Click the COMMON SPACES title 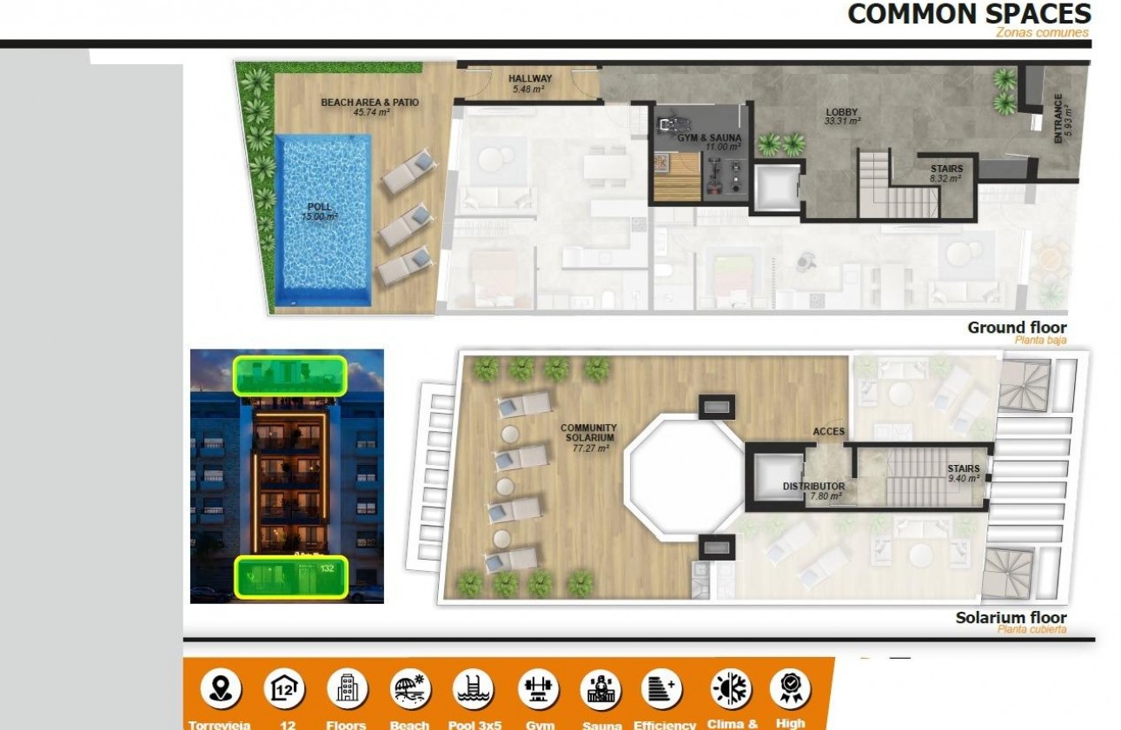tap(969, 14)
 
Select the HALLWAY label tap(530, 79)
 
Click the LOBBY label tap(842, 112)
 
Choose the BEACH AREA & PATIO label tap(369, 103)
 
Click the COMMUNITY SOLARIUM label tap(588, 433)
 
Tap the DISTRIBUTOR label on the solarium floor tap(813, 487)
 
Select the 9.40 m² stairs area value tap(964, 478)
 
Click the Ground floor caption tap(1017, 328)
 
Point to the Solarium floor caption tap(1011, 618)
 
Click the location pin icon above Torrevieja tap(221, 689)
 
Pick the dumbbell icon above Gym tap(539, 689)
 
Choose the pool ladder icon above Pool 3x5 tap(474, 689)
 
